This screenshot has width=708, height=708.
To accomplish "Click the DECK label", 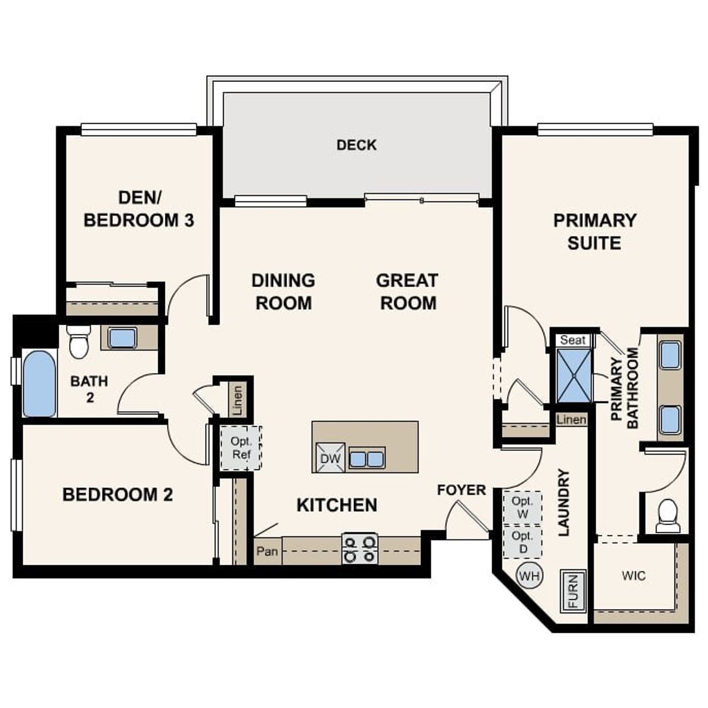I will pyautogui.click(x=356, y=145).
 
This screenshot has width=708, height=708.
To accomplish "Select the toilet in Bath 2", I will pyautogui.click(x=78, y=341).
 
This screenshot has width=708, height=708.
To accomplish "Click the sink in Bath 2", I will pyautogui.click(x=122, y=338).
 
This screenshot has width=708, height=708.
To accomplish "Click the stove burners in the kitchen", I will pyautogui.click(x=360, y=548).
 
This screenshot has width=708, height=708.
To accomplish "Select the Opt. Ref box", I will pyautogui.click(x=241, y=448).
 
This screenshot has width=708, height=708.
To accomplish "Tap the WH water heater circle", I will pyautogui.click(x=529, y=576).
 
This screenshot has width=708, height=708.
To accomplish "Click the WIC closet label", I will pyautogui.click(x=633, y=576).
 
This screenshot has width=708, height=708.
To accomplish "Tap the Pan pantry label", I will pyautogui.click(x=267, y=551).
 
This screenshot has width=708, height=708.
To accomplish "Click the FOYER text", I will pyautogui.click(x=461, y=490).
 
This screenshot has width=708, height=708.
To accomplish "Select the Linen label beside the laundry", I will pyautogui.click(x=571, y=420).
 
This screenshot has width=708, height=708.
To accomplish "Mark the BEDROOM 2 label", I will pyautogui.click(x=117, y=494).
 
